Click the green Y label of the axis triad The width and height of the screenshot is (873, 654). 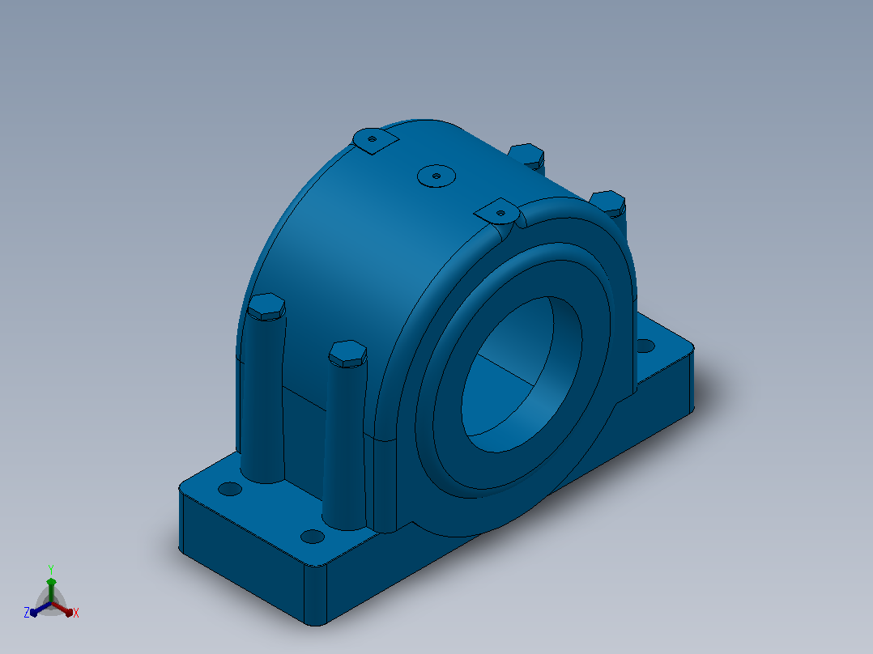[x=51, y=569]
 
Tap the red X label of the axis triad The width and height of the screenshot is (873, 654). [x=76, y=613]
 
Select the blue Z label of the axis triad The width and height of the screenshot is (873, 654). [x=27, y=613]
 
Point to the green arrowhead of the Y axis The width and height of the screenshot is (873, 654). [x=51, y=582]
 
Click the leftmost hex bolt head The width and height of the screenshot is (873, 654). [x=266, y=307]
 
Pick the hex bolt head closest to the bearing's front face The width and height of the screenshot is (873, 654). [x=348, y=354]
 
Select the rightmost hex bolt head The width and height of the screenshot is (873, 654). [x=608, y=202]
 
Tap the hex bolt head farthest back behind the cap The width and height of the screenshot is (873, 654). [x=526, y=155]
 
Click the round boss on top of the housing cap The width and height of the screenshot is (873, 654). [x=436, y=176]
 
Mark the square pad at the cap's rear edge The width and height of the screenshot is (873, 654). [x=375, y=140]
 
